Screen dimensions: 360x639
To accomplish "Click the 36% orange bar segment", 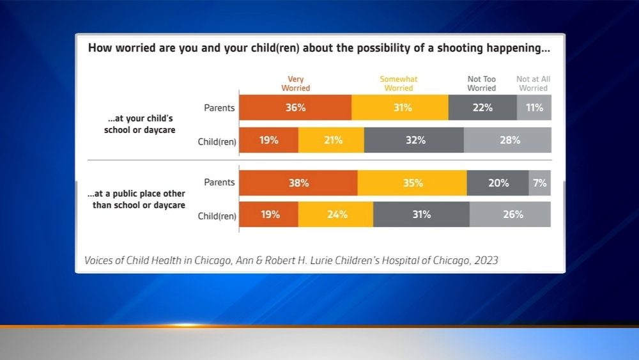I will [x=295, y=107].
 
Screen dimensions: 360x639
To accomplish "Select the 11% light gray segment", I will [x=534, y=107].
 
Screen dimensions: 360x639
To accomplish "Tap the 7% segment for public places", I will [x=540, y=183].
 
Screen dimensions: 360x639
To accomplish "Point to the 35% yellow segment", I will [x=412, y=183].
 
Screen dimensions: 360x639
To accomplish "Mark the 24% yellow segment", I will [x=335, y=214].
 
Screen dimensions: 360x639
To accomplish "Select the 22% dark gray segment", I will [x=482, y=107].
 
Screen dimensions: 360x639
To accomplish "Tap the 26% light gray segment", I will [x=510, y=214].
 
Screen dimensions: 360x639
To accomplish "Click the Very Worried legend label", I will [x=295, y=84].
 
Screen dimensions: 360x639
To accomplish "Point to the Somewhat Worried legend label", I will [x=399, y=84].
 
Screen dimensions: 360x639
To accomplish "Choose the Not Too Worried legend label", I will [x=481, y=84].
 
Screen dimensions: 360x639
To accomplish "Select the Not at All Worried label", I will [x=533, y=84].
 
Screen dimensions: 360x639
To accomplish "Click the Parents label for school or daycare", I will [x=219, y=107].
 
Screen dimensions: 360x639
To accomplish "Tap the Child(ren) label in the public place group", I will [x=217, y=216].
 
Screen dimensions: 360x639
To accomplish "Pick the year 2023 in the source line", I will [x=486, y=261].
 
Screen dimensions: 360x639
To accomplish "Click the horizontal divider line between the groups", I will [x=319, y=160].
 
